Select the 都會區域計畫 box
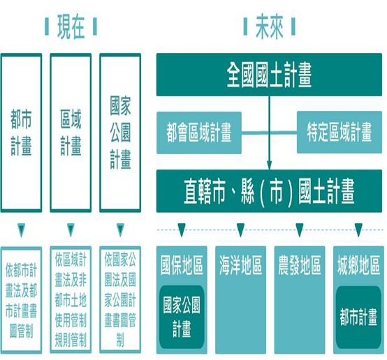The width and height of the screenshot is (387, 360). pos(199,132)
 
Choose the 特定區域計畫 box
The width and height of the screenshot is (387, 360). pos(339,132)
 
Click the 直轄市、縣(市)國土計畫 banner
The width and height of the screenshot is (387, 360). pos(269,189)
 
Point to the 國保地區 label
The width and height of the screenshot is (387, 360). pos(182,266)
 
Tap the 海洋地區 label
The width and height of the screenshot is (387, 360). pos(240,266)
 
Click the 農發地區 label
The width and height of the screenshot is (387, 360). pos(299,266)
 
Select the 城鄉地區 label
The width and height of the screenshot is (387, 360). pos(358,266)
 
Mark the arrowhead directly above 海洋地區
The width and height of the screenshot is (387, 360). pos(240,230)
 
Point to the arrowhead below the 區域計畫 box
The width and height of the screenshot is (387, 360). pos(70,230)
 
